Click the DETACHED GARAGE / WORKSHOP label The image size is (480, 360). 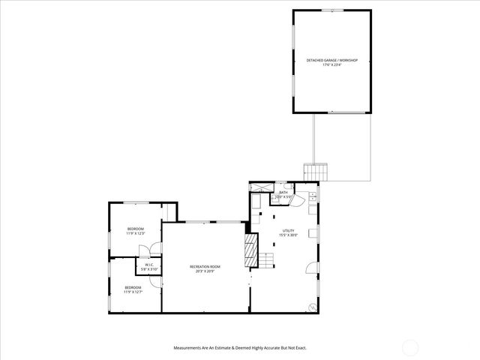click(x=332, y=60)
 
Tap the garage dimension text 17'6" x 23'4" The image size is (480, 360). click(x=332, y=64)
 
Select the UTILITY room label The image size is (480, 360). click(x=289, y=231)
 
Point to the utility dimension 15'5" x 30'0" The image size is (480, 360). click(x=289, y=235)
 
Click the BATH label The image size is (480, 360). click(x=283, y=193)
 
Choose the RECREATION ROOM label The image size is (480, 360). click(x=205, y=267)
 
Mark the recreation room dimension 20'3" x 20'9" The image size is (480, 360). click(x=205, y=271)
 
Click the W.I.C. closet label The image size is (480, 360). click(x=149, y=265)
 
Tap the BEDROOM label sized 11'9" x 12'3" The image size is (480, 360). click(x=135, y=229)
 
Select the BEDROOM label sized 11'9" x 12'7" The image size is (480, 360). click(x=133, y=288)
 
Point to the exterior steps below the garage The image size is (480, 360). click(x=316, y=171)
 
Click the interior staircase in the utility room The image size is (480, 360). click(x=267, y=262)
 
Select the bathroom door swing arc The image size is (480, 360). click(x=295, y=199)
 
